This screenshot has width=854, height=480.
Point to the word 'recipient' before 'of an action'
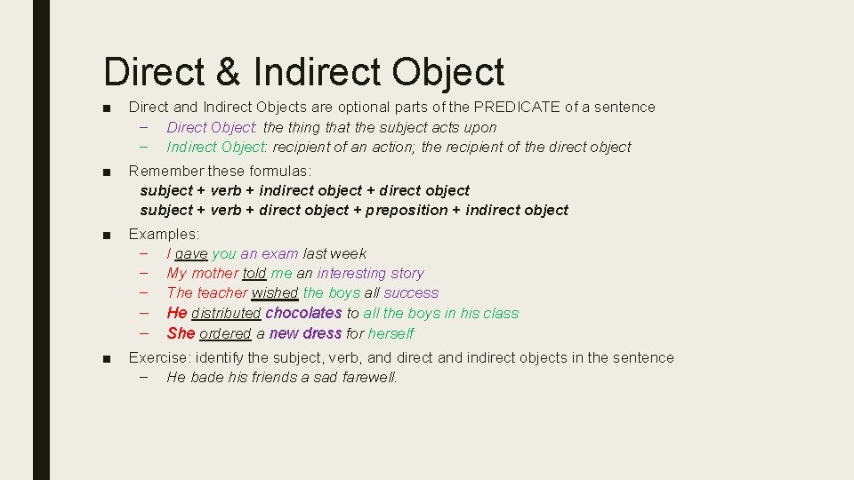(x=303, y=147)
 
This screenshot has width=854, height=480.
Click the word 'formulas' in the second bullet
(x=279, y=170)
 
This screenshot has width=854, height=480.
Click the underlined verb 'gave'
(x=191, y=253)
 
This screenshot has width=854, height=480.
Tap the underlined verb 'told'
(x=254, y=273)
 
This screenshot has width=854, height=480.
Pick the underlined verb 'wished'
(x=275, y=292)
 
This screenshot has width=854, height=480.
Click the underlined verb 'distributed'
(x=226, y=313)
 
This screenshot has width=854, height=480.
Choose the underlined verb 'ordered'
(x=225, y=333)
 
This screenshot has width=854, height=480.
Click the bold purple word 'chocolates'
(x=303, y=313)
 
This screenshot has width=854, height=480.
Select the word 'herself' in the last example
(x=391, y=333)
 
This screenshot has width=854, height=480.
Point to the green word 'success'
(x=411, y=292)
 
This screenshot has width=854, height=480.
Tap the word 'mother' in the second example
(x=214, y=273)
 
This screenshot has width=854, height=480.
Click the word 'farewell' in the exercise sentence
(x=369, y=377)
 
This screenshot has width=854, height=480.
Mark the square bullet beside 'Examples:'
(x=107, y=235)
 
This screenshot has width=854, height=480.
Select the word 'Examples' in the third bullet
(x=163, y=234)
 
